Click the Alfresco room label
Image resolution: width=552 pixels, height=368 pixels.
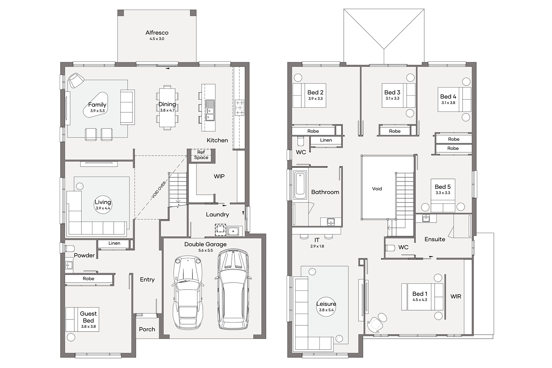pyautogui.click(x=157, y=32)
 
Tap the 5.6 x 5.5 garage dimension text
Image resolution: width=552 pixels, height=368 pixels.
pyautogui.click(x=205, y=251)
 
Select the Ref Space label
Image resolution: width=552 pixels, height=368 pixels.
pyautogui.click(x=201, y=155)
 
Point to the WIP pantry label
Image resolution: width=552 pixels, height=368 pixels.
pyautogui.click(x=219, y=176)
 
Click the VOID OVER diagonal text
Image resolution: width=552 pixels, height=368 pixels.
pyautogui.click(x=159, y=190)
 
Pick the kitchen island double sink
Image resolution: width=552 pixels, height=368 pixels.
pyautogui.click(x=210, y=110)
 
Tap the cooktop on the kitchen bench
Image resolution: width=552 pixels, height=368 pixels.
pyautogui.click(x=240, y=107)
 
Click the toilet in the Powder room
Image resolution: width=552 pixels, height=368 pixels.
pyautogui.click(x=70, y=248)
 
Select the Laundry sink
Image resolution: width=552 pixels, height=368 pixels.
pyautogui.click(x=233, y=231)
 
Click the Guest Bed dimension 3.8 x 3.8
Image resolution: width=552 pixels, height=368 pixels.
pyautogui.click(x=88, y=326)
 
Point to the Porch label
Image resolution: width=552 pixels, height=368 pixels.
pyautogui.click(x=147, y=329)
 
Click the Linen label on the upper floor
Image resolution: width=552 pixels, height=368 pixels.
pyautogui.click(x=326, y=140)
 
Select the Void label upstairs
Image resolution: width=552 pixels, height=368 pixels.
pyautogui.click(x=377, y=189)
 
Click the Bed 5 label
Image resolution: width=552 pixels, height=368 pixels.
pyautogui.click(x=443, y=187)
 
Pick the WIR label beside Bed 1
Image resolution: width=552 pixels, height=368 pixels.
pyautogui.click(x=456, y=297)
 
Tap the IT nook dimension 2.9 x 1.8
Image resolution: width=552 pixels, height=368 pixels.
pyautogui.click(x=317, y=246)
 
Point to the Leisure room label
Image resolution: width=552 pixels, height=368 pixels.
pyautogui.click(x=326, y=304)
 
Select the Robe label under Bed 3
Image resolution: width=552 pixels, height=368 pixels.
pyautogui.click(x=395, y=131)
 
